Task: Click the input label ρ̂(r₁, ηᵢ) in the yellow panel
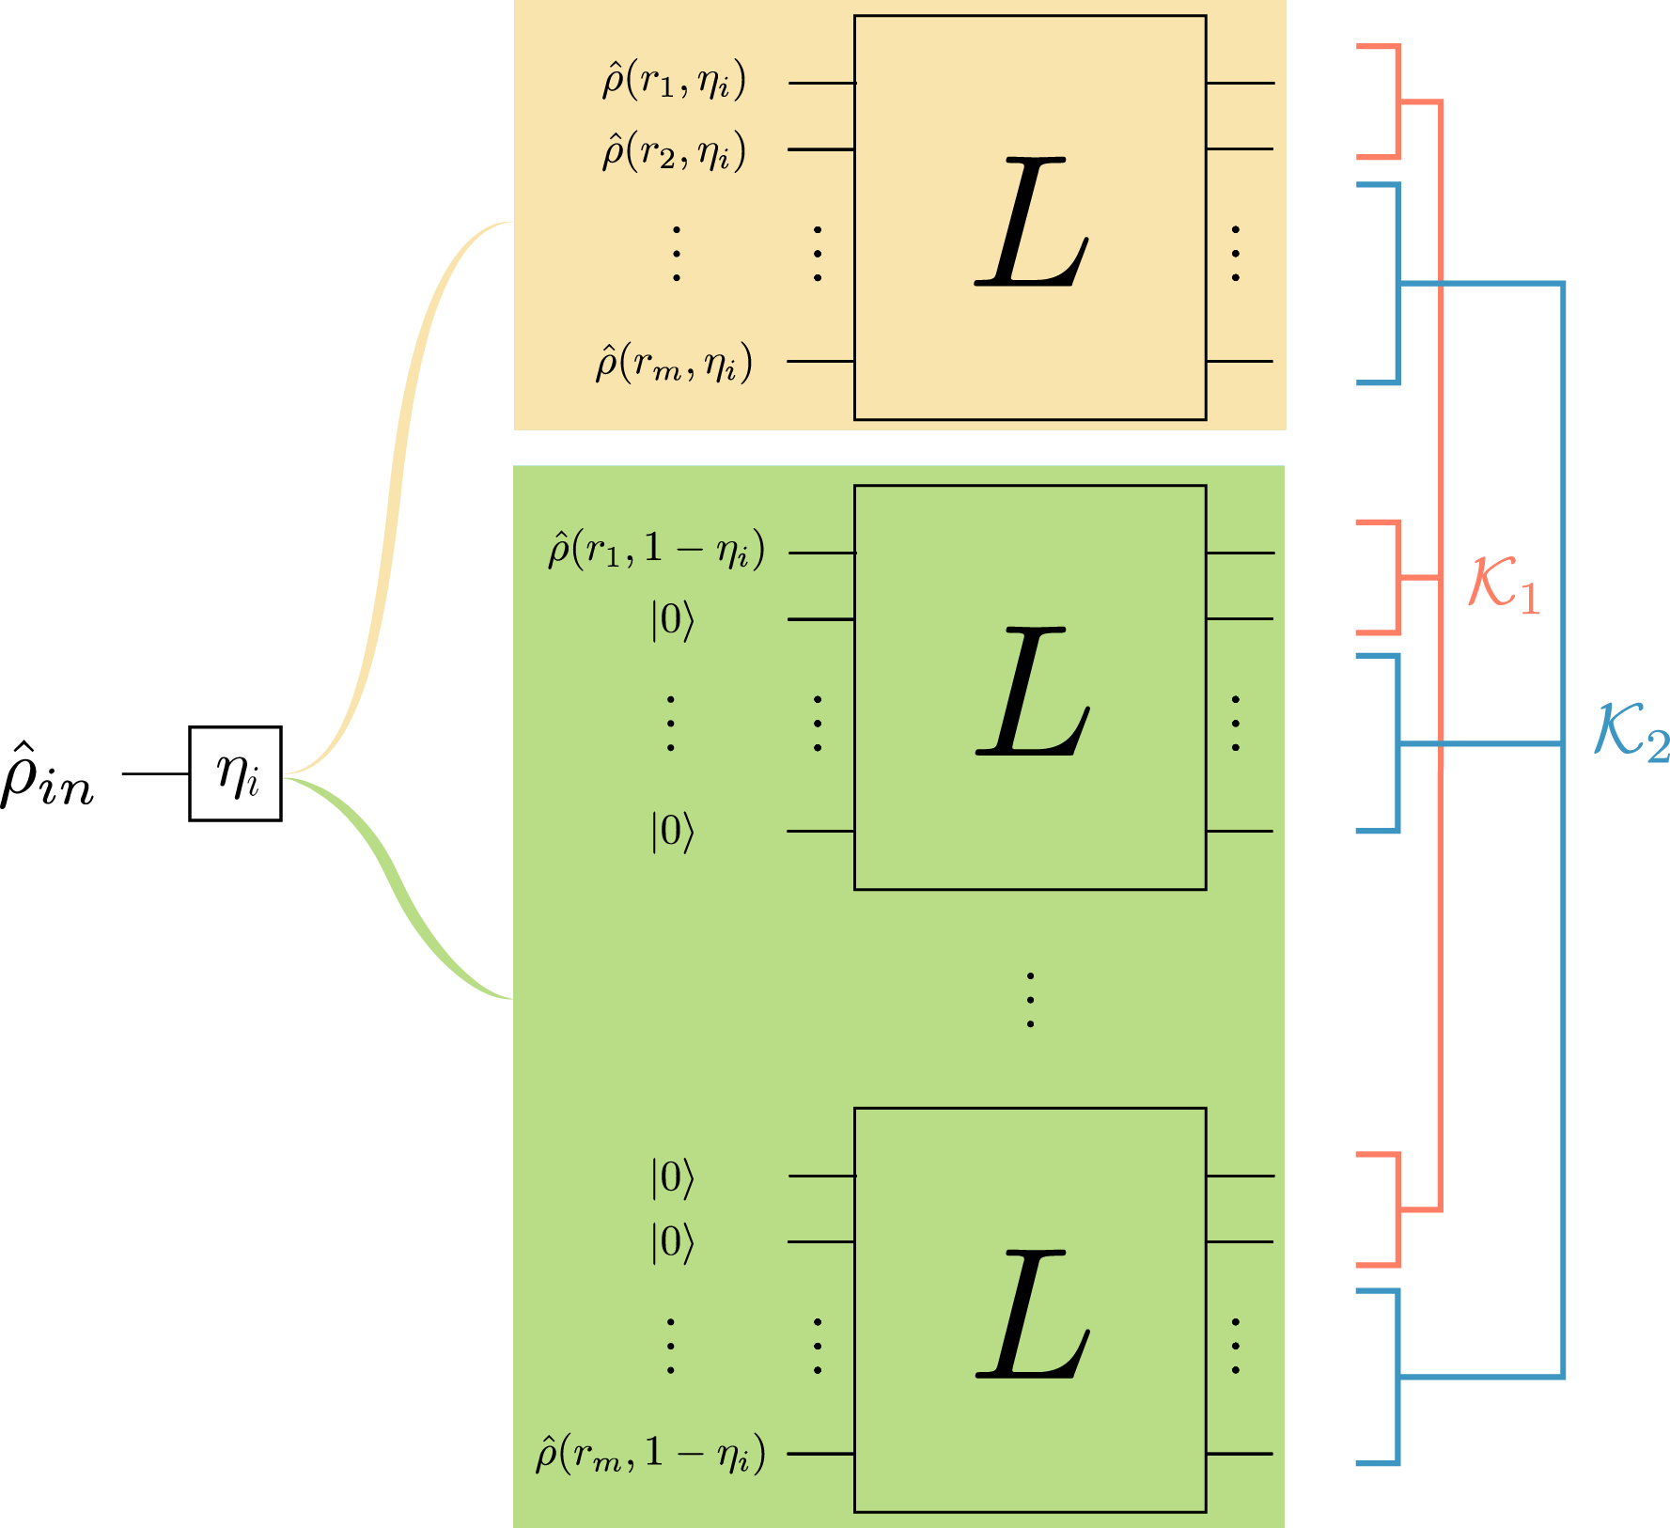point(673,82)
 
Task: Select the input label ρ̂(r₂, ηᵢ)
point(673,150)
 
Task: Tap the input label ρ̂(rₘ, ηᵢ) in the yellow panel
point(673,363)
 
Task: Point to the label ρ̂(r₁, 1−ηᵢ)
point(656,551)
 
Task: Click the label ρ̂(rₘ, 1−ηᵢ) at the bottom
point(650,1455)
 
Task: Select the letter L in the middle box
point(1032,693)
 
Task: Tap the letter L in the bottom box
point(1032,1316)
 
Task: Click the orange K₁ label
point(1505,585)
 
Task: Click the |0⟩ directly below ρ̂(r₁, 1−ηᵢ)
point(672,620)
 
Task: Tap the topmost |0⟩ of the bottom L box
point(672,1177)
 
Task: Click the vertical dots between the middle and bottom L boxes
point(1030,1000)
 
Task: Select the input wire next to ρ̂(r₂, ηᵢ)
point(819,149)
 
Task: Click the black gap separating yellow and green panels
point(898,447)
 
